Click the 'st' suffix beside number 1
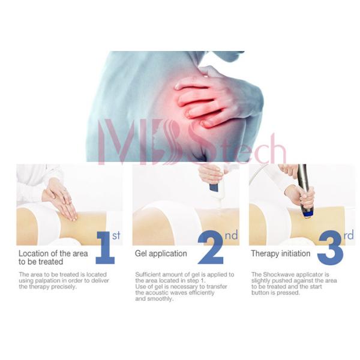coord(116,236)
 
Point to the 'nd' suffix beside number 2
coord(231,236)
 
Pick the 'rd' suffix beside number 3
coord(349,236)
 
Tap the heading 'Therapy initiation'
coord(280,254)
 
